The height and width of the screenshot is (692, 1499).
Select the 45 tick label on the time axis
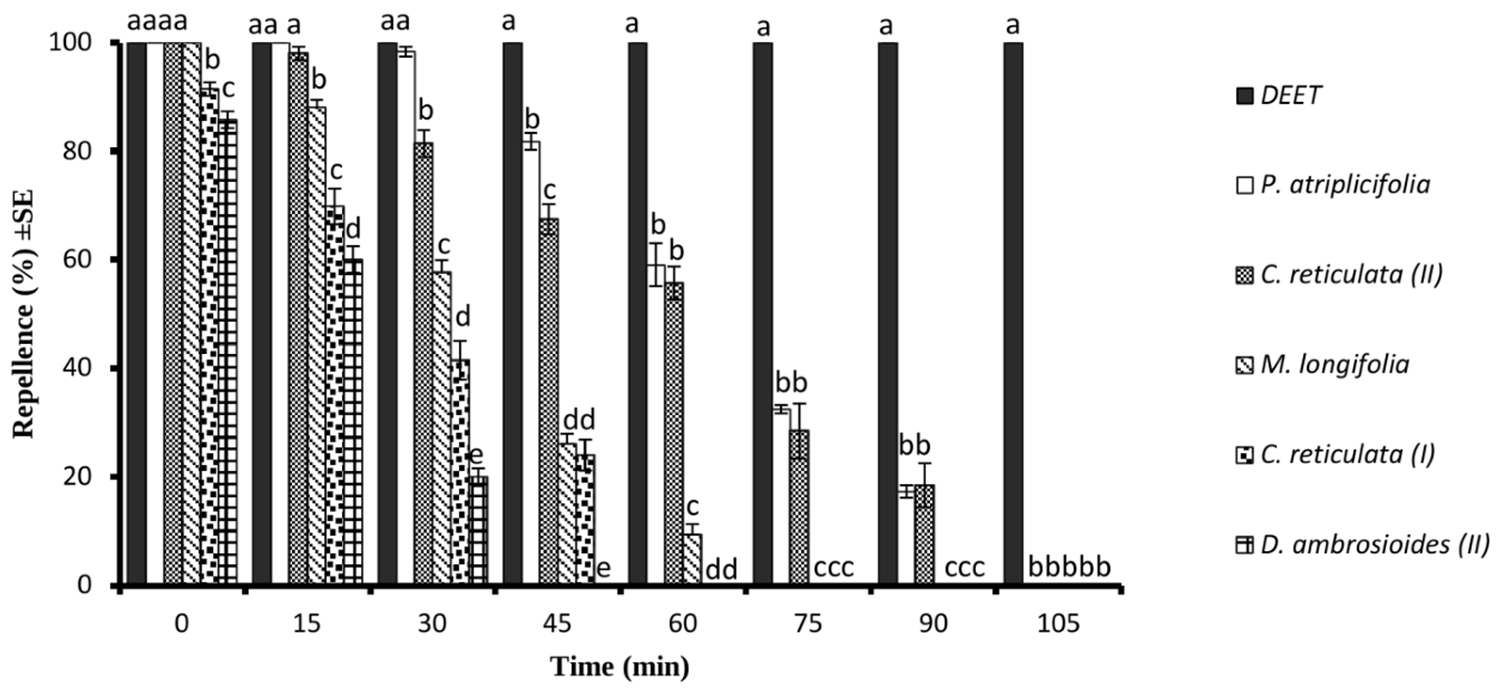click(558, 624)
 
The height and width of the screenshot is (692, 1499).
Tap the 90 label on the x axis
click(933, 624)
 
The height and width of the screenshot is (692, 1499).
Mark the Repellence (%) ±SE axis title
click(24, 314)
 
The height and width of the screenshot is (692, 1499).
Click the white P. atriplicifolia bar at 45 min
click(531, 360)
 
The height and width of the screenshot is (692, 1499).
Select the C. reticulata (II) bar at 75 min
click(800, 506)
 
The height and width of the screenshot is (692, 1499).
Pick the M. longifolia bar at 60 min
click(692, 559)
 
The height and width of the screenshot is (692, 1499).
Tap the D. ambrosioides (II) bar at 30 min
click(478, 529)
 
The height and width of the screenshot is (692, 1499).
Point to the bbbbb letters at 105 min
click(1070, 567)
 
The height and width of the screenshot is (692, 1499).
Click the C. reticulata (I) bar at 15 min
click(334, 396)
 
